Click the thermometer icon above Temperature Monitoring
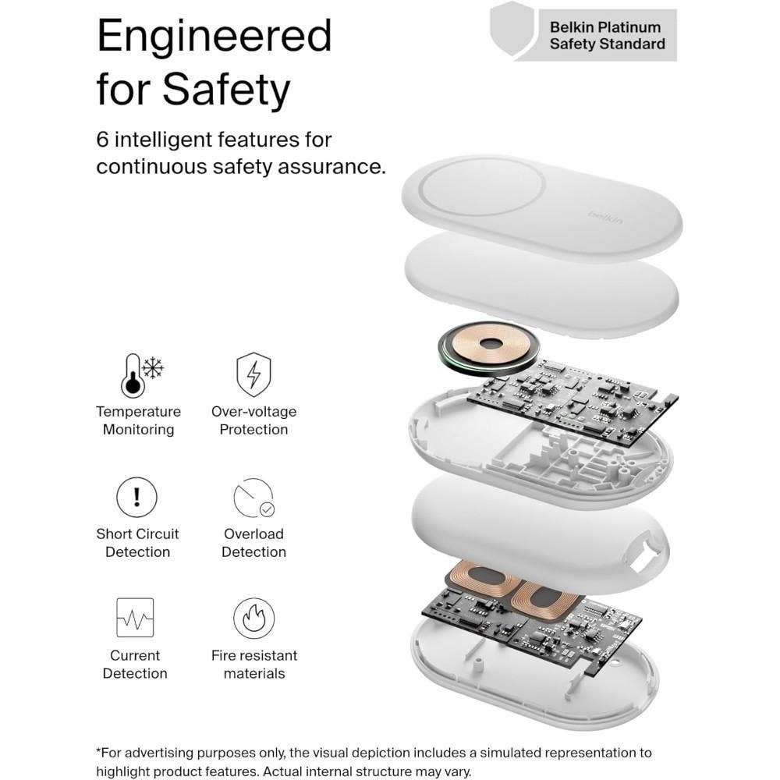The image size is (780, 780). [133, 376]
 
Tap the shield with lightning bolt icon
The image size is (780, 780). [253, 374]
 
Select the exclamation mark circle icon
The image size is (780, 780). [136, 497]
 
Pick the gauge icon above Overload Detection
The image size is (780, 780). [253, 498]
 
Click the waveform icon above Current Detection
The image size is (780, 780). [135, 617]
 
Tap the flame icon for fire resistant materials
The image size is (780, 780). [253, 619]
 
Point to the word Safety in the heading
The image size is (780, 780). [226, 90]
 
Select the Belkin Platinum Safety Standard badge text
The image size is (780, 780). [608, 35]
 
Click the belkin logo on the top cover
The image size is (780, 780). [605, 216]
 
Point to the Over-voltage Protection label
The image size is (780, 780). [253, 420]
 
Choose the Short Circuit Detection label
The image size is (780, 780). [137, 543]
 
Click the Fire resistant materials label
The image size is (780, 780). [254, 664]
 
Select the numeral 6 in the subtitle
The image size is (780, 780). [102, 140]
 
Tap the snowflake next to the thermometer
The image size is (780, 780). [153, 367]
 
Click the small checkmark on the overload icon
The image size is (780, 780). [267, 509]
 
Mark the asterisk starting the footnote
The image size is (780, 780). [98, 750]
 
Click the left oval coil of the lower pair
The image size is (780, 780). [484, 580]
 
